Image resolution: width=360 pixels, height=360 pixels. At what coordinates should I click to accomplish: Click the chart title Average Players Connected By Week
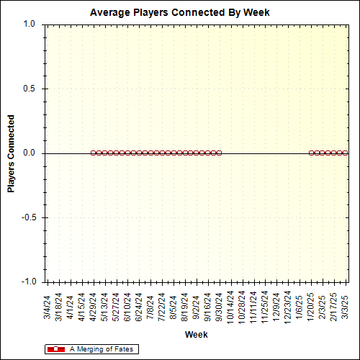click(179, 13)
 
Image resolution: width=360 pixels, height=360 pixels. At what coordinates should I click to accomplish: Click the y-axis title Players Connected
click(12, 153)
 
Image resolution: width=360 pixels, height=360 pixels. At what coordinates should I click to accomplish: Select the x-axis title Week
click(196, 335)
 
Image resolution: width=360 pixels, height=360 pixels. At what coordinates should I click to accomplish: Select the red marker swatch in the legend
click(55, 349)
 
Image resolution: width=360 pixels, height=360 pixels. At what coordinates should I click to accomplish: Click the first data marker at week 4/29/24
click(94, 153)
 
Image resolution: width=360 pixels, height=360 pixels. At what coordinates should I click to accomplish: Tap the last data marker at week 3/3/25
click(346, 153)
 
